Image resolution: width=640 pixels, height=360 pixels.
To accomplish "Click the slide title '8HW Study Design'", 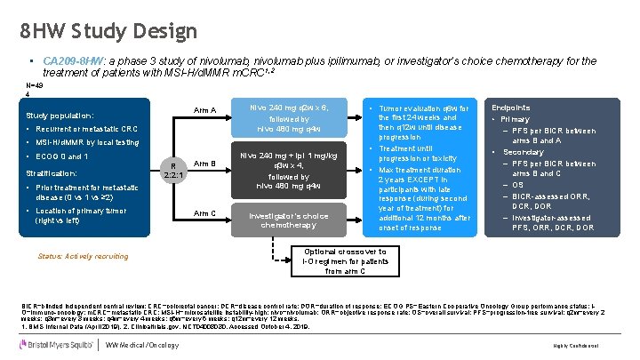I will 108,31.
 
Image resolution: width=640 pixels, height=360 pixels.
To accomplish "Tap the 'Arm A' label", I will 206,110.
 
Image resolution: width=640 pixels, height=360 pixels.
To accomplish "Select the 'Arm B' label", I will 206,164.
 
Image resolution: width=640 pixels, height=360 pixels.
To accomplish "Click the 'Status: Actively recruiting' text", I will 82,257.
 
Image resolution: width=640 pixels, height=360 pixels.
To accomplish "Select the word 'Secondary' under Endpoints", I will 524,152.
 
